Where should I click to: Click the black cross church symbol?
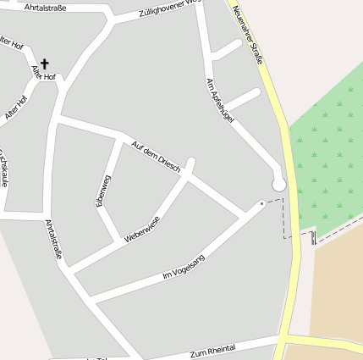(x=45, y=64)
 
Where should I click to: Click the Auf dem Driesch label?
(x=156, y=157)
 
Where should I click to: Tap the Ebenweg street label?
(x=103, y=190)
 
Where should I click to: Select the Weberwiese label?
(x=141, y=230)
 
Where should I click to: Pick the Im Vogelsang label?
(x=183, y=269)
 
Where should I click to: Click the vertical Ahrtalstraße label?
(x=54, y=238)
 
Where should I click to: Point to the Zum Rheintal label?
(x=212, y=350)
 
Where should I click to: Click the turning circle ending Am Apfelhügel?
(x=278, y=184)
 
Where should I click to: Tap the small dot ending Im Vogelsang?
(x=262, y=203)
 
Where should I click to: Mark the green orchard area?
(x=330, y=152)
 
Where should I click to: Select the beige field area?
(x=338, y=288)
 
